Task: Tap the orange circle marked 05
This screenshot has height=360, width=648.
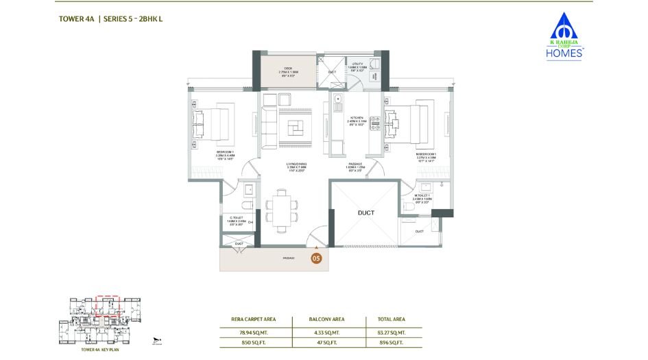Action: [316, 259]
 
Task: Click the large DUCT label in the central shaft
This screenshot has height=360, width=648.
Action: [365, 213]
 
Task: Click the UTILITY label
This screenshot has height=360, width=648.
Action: [357, 63]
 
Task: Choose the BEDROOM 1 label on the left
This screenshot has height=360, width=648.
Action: [226, 152]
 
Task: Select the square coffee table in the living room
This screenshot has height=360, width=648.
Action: [296, 128]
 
